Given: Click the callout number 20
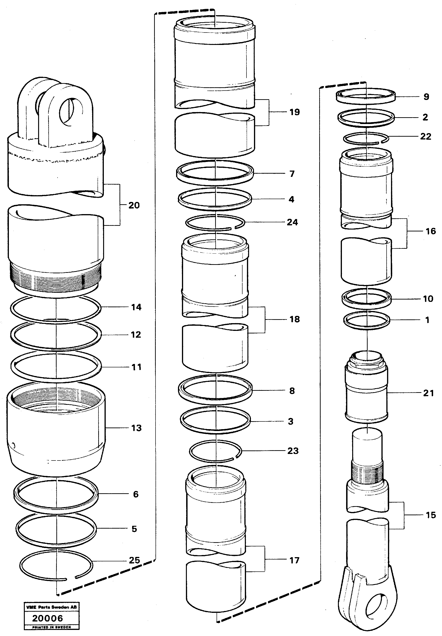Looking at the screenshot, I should click(134, 205).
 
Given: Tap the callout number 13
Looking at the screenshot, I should click(136, 428).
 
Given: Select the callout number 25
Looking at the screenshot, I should click(134, 560).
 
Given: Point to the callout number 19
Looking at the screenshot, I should click(294, 112).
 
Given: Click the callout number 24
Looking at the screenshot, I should click(292, 222).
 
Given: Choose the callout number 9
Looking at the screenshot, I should click(426, 97).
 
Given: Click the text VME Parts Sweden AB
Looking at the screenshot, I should click(51, 607).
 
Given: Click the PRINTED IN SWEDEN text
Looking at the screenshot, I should click(51, 627).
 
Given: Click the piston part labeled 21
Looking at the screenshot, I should click(366, 393).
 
